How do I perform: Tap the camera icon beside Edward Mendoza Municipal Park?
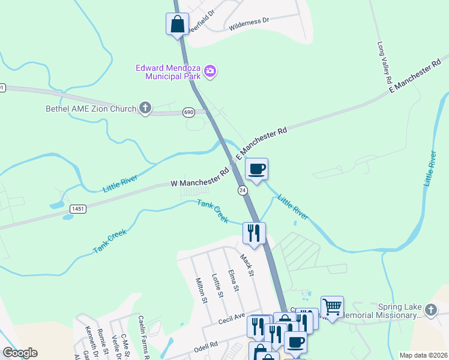210,72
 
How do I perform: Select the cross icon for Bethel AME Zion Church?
145,109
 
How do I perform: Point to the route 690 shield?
189,112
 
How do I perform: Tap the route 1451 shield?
77,208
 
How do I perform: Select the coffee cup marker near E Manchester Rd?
256,169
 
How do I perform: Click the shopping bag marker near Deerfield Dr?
177,25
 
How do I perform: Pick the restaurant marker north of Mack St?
254,232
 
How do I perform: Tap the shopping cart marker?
332,307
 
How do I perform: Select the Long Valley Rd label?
384,62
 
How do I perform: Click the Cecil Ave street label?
232,317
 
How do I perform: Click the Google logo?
20,353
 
